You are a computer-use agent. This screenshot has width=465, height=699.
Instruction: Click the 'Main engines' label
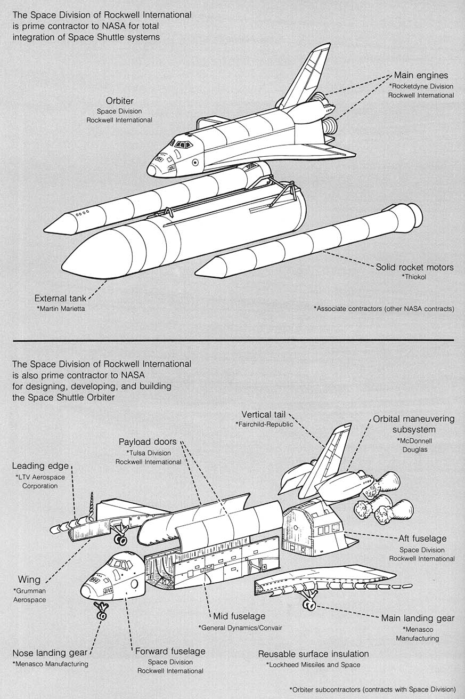tap(421, 75)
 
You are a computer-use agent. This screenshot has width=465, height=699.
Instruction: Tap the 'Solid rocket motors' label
tap(414, 267)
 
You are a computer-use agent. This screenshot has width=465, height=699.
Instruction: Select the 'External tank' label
tap(61, 298)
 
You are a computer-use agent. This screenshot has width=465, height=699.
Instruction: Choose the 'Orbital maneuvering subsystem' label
tap(413, 424)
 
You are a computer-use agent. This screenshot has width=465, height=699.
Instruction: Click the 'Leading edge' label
tap(40, 466)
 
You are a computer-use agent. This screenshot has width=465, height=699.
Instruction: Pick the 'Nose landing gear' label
tap(50, 654)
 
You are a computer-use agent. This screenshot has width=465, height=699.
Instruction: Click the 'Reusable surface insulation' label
tap(313, 654)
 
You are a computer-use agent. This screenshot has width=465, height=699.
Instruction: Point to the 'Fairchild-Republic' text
tap(265, 424)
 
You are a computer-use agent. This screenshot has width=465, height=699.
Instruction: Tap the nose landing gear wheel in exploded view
tap(101, 616)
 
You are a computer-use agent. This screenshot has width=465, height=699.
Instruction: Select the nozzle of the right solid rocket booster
tap(411, 214)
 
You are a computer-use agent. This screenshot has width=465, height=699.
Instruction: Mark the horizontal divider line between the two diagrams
tap(232, 340)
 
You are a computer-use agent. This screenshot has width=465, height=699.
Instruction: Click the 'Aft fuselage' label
tap(422, 539)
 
